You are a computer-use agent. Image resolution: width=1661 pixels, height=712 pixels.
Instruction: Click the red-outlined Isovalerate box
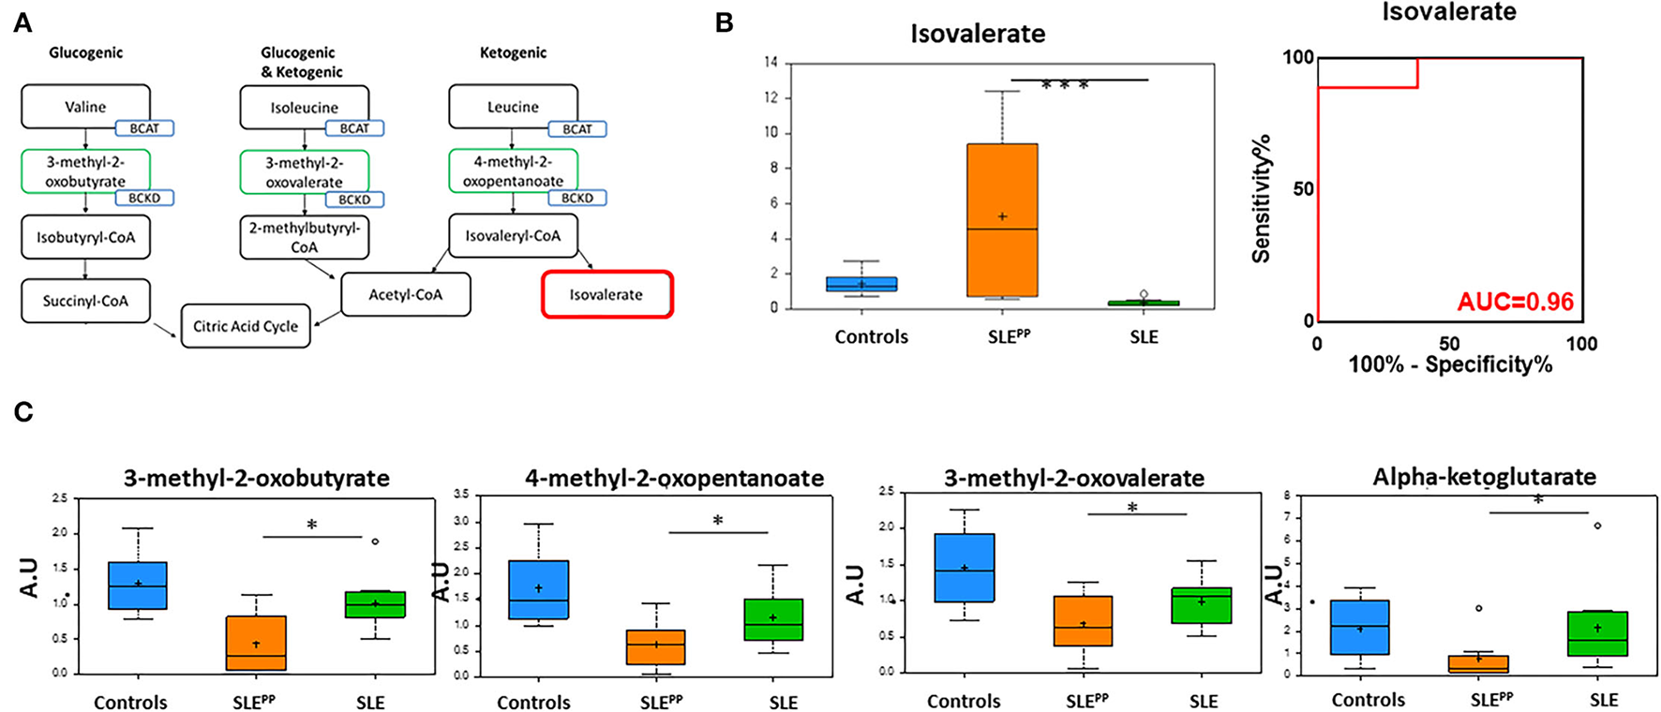click(x=606, y=294)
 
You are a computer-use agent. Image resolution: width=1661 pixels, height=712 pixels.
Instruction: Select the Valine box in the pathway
click(x=85, y=106)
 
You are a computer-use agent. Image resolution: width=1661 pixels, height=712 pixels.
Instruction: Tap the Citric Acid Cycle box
click(x=246, y=326)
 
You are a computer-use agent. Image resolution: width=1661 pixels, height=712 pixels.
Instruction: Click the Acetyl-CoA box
click(x=405, y=294)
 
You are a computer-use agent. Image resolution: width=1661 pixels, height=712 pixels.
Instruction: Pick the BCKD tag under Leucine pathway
click(x=577, y=199)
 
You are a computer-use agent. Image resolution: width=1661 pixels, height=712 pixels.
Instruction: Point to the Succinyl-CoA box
click(x=85, y=301)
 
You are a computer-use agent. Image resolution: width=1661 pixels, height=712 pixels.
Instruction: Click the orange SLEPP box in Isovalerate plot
click(x=1003, y=220)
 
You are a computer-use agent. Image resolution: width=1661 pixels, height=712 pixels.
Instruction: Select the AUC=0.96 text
click(x=1515, y=302)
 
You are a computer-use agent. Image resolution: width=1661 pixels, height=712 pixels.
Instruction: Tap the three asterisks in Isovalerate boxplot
click(x=1065, y=86)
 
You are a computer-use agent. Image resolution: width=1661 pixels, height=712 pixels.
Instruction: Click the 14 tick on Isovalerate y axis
click(x=771, y=64)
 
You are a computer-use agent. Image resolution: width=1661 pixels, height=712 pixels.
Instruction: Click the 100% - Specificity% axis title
click(x=1450, y=364)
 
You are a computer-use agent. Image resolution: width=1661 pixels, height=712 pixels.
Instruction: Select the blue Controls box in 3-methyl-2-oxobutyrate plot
click(x=138, y=586)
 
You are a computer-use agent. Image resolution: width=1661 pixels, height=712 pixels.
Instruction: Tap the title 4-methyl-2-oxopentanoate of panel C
click(x=674, y=479)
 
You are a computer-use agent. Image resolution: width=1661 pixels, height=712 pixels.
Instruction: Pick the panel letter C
click(x=22, y=411)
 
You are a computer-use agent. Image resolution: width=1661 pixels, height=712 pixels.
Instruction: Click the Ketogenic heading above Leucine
click(x=513, y=53)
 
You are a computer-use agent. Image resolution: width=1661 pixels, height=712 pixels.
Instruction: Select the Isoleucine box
click(x=305, y=107)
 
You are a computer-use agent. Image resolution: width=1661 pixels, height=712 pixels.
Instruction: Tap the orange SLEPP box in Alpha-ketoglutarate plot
click(x=1478, y=664)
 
